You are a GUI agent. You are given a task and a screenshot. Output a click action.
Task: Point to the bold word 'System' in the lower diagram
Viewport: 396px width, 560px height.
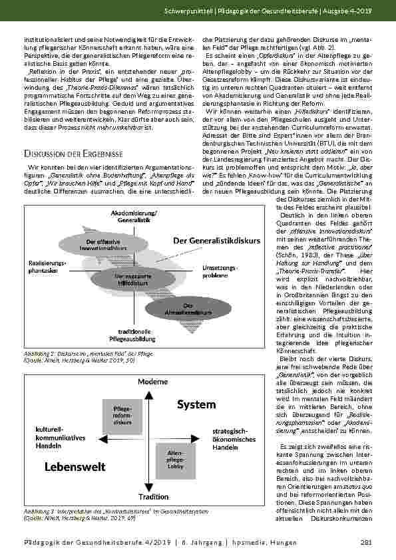[196, 404]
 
